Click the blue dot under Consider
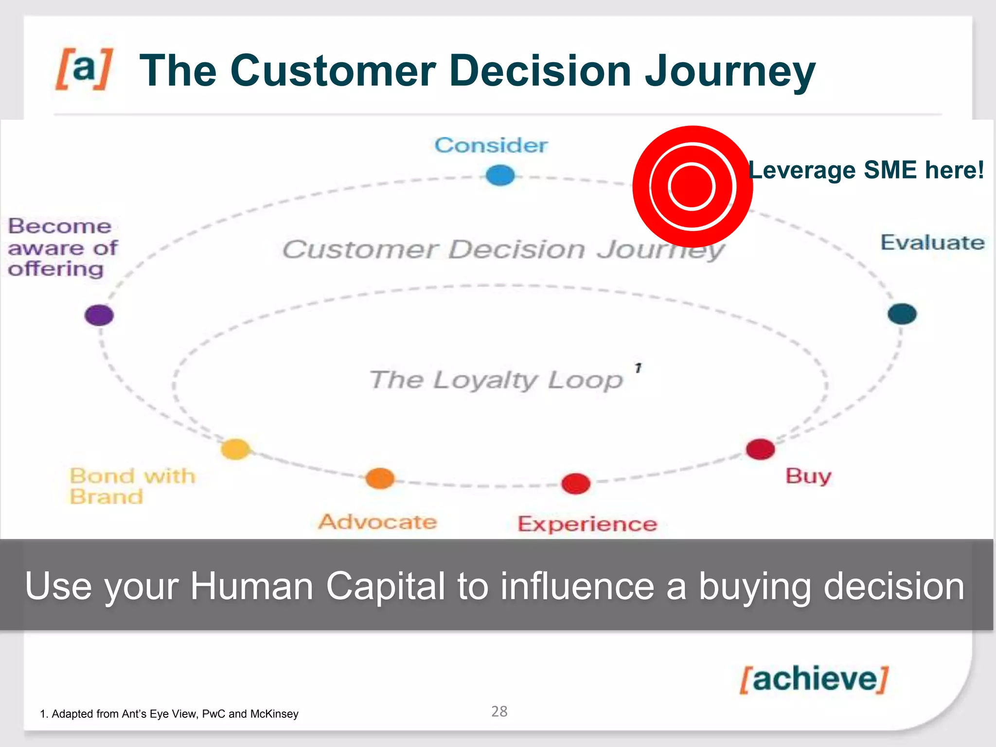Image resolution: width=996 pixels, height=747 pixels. coord(500,175)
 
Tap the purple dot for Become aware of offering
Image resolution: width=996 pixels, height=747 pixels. coord(99,315)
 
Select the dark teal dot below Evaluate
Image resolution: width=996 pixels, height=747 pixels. coord(902,314)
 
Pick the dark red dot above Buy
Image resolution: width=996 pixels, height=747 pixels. coord(760,449)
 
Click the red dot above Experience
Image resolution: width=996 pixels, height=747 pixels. coord(576,483)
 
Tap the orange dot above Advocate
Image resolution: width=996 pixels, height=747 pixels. coord(380,479)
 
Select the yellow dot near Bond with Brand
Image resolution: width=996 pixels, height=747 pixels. coord(236,449)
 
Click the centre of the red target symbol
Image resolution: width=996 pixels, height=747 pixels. coord(692,186)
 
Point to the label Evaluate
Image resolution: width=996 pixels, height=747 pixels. coord(932,242)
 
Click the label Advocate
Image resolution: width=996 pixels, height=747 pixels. coord(378,522)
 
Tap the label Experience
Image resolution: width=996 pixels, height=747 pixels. coord(587,524)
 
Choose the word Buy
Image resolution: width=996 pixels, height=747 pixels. coord(808,476)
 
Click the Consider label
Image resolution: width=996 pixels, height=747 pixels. coord(491,145)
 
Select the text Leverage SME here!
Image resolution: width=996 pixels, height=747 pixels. coord(866,170)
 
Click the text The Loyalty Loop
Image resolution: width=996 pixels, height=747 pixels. coord(496,380)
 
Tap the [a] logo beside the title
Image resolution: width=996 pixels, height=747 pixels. coord(84,69)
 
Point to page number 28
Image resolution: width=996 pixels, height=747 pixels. coord(499,711)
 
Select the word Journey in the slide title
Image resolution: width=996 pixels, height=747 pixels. coord(729,71)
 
